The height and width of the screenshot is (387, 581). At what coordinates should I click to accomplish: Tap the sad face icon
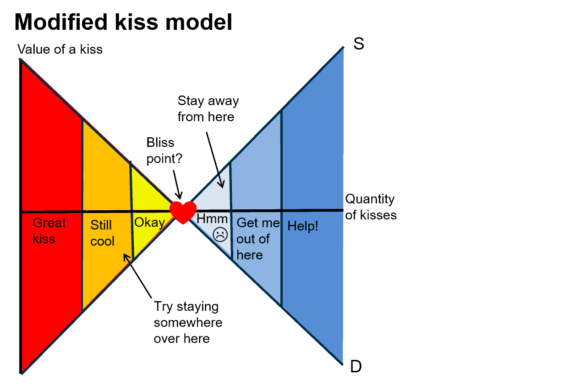[220, 235]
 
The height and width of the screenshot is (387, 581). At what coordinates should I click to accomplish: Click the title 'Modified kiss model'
[123, 22]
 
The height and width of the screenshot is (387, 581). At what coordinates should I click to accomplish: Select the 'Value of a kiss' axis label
[60, 49]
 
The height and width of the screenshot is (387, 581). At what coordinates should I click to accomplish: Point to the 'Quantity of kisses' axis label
[371, 207]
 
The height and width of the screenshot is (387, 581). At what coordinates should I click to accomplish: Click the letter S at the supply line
[359, 44]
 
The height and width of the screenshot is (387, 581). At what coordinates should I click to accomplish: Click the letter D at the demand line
[356, 366]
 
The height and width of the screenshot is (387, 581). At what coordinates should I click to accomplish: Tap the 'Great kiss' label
[49, 231]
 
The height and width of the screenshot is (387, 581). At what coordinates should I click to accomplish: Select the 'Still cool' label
[102, 233]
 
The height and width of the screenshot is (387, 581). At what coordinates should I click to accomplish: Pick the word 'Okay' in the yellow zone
[150, 223]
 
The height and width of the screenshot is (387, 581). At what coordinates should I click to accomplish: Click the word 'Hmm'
[212, 219]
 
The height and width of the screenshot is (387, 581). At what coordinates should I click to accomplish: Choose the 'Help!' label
[303, 226]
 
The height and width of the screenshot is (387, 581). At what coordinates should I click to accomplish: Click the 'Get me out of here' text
[258, 239]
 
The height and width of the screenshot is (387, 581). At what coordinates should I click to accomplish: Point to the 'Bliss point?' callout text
[164, 151]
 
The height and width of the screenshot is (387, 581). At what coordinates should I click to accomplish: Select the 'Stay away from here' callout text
[208, 109]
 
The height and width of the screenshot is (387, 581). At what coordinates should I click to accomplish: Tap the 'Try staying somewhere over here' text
[188, 323]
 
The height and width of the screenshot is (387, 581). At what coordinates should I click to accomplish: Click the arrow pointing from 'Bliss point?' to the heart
[178, 185]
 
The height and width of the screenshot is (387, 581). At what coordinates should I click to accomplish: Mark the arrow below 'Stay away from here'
[215, 160]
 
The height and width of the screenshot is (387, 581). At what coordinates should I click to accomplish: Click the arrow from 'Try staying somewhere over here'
[137, 276]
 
